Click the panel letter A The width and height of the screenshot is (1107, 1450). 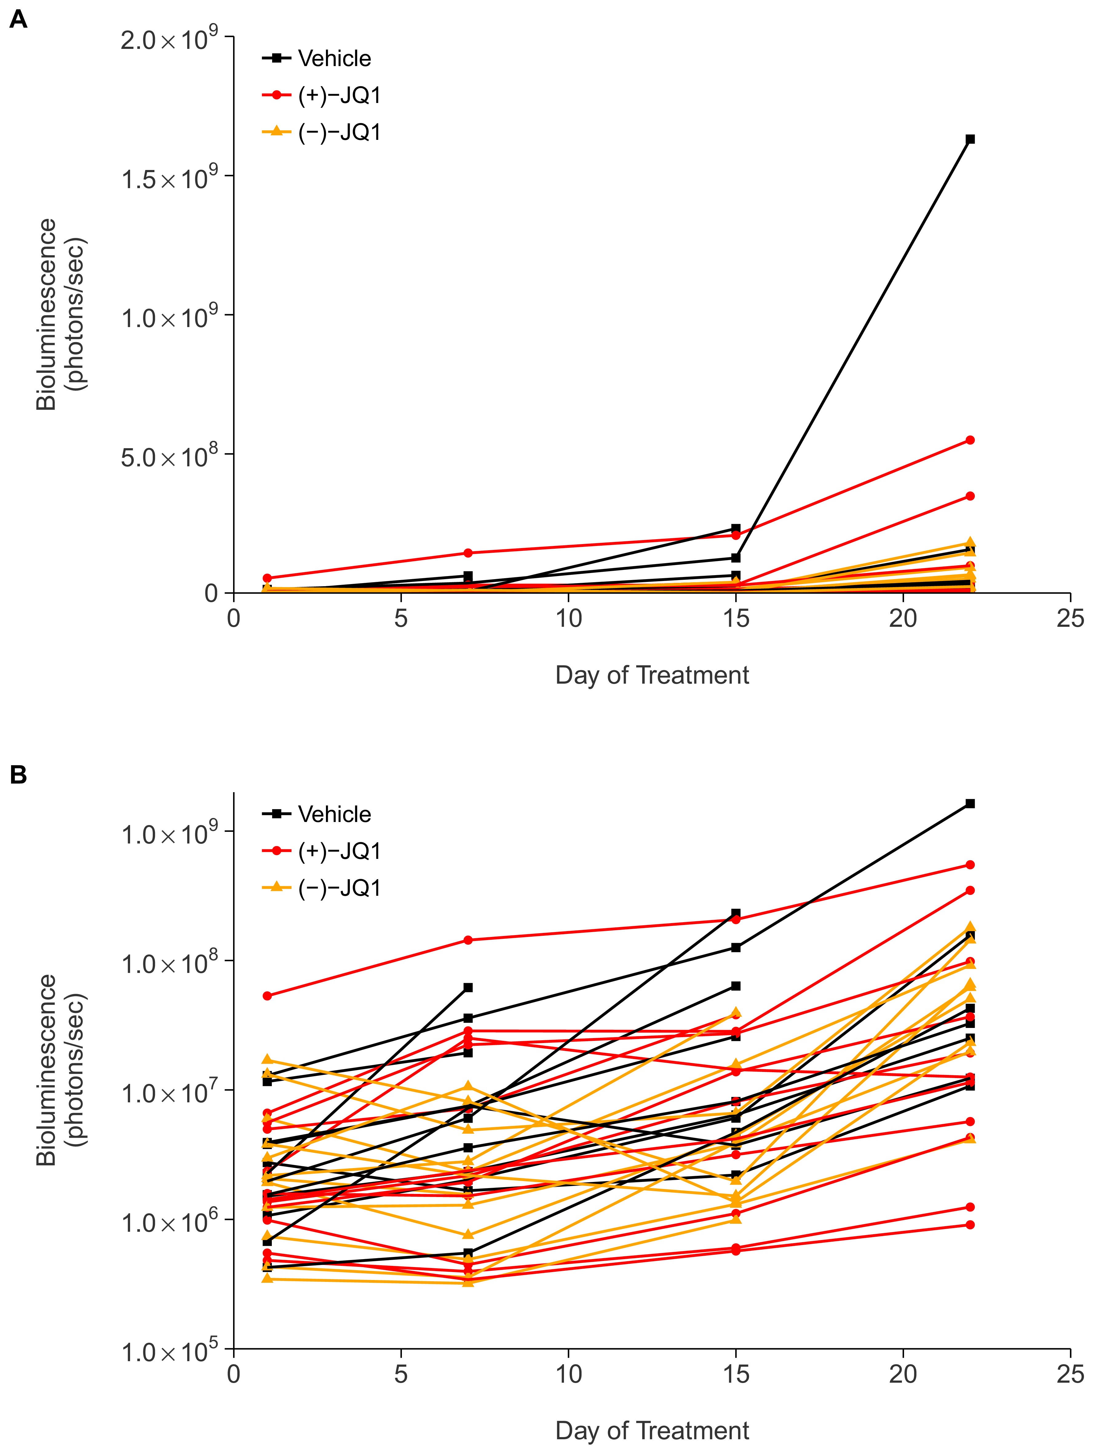tap(18, 20)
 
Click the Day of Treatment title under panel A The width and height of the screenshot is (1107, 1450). tap(652, 675)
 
